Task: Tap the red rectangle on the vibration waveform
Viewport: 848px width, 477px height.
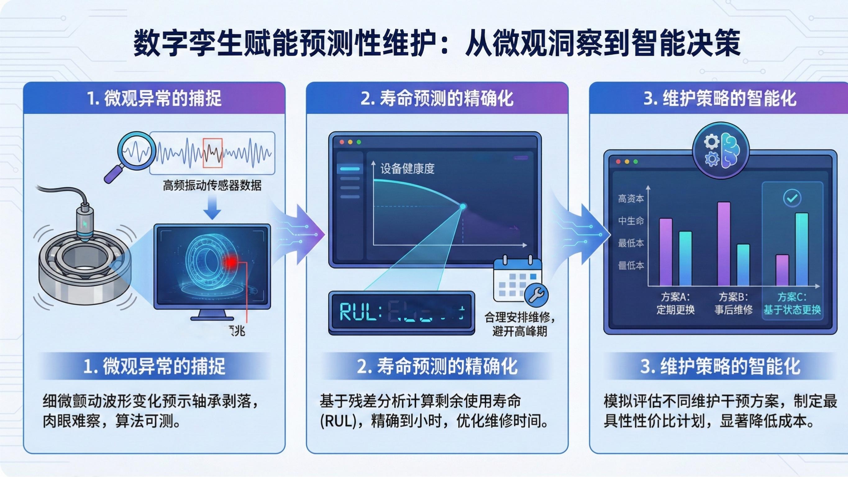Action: (213, 153)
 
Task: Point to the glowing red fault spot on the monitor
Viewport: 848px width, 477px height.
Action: (231, 262)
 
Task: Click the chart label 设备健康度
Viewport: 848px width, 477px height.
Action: (407, 169)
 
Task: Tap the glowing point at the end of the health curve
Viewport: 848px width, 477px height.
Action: (463, 207)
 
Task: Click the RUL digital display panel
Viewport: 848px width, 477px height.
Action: (402, 312)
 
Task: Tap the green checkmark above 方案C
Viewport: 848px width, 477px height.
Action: (792, 198)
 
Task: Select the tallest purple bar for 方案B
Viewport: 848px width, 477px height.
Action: (723, 243)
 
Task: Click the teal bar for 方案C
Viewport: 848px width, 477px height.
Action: (802, 249)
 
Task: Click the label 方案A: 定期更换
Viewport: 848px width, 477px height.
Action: (675, 303)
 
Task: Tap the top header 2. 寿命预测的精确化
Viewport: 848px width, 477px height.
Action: (437, 98)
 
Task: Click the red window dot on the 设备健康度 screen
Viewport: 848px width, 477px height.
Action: (342, 142)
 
